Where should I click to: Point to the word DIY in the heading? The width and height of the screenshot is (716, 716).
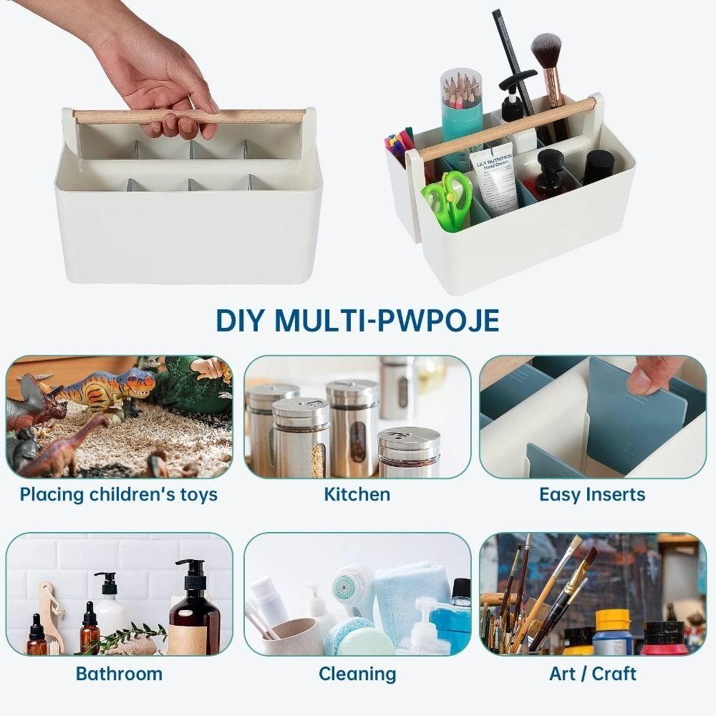pyautogui.click(x=240, y=320)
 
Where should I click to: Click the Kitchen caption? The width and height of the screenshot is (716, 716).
pyautogui.click(x=357, y=495)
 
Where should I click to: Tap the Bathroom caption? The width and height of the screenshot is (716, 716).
pyautogui.click(x=119, y=674)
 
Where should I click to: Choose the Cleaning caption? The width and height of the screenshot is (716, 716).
pyautogui.click(x=357, y=674)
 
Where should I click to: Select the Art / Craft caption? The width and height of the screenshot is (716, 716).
pyautogui.click(x=593, y=674)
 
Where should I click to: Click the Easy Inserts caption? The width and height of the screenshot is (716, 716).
pyautogui.click(x=592, y=495)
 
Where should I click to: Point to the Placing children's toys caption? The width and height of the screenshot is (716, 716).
pyautogui.click(x=119, y=495)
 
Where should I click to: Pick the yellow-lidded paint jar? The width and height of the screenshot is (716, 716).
pyautogui.click(x=614, y=633)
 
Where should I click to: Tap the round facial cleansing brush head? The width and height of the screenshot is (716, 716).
pyautogui.click(x=347, y=586)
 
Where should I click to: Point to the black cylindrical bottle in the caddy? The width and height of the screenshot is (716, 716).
pyautogui.click(x=599, y=168)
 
